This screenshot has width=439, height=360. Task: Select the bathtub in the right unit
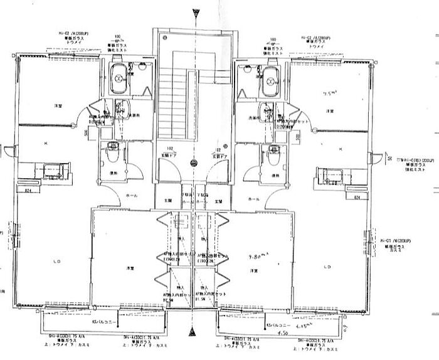[271, 79]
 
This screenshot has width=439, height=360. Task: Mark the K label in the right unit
[339, 149]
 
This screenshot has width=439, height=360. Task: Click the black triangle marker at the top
[196, 11]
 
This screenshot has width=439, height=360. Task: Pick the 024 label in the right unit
[357, 197]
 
